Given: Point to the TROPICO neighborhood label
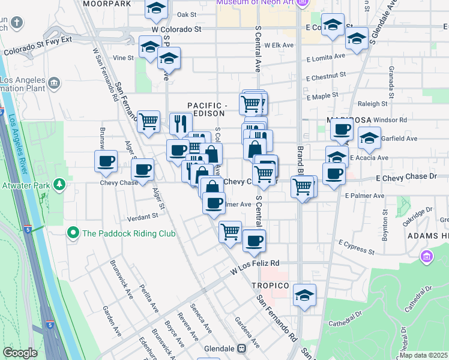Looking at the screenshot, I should (270, 286).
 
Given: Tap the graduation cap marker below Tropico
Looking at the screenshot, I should (305, 296).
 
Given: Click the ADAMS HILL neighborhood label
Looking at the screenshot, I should (427, 236).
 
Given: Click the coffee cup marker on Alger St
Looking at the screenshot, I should (143, 170).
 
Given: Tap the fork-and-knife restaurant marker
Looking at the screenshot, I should (181, 124).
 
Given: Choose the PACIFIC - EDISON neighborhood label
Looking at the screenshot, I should (206, 109).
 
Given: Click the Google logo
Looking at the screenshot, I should (20, 353).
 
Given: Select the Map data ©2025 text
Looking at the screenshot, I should (423, 355).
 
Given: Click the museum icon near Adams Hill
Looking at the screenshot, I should (427, 257).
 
